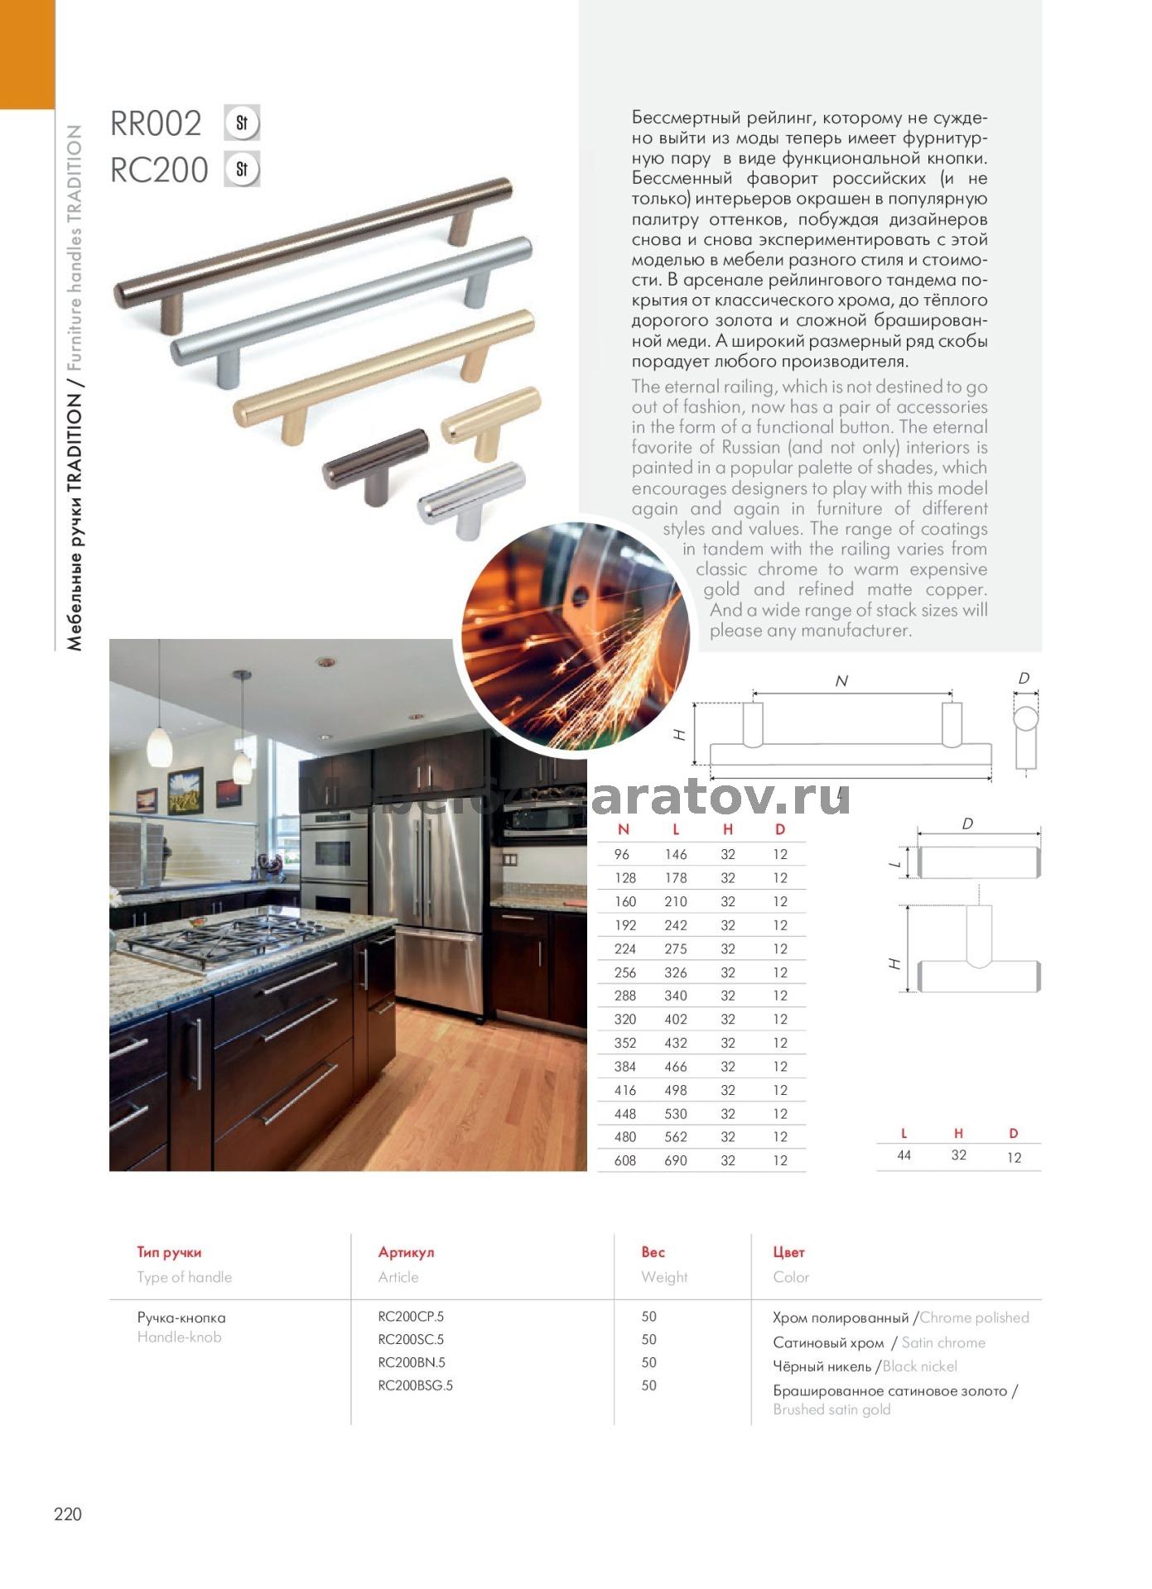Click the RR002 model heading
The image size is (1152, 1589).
pos(156,123)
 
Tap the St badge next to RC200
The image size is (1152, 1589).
pos(242,170)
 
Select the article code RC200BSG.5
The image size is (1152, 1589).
pos(415,1385)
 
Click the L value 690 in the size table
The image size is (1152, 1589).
pos(676,1160)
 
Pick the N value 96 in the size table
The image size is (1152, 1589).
pos(622,854)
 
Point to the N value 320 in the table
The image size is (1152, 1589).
pos(624,1019)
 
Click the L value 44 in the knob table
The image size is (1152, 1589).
pos(904,1155)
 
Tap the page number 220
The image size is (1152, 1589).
pos(68,1514)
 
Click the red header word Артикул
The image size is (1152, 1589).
pos(406,1252)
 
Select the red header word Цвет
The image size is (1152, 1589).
pos(788,1252)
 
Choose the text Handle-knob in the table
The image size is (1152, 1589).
pos(179,1337)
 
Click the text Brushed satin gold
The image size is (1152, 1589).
pos(831,1409)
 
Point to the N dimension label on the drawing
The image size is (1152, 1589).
pos(841,681)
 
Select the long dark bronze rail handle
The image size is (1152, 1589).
pos(313,244)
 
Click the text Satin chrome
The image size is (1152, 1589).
pos(943,1342)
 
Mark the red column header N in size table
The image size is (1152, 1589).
pos(624,829)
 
